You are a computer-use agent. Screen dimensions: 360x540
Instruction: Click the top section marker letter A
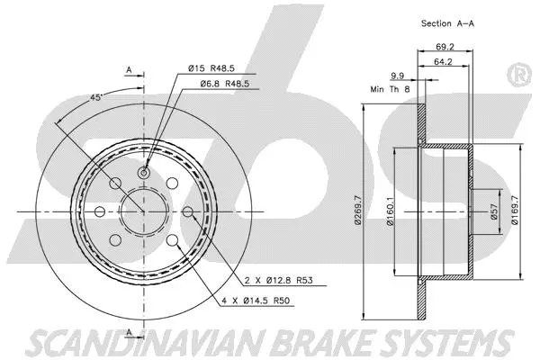[129, 68]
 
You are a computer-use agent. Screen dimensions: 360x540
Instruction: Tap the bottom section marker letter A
[129, 333]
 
